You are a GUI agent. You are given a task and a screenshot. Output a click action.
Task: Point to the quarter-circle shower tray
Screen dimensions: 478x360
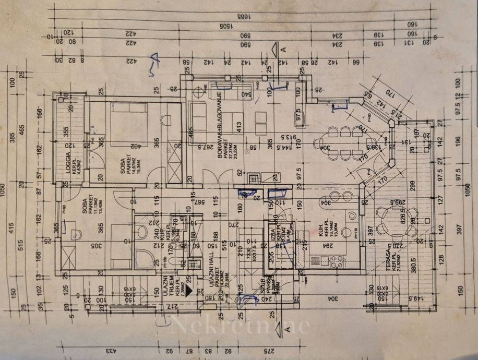pyautogui.click(x=141, y=257)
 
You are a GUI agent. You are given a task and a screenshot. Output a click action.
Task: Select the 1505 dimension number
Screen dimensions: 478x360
pyautogui.click(x=225, y=26)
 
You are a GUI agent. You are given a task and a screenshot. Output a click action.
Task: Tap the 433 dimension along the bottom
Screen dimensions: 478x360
pyautogui.click(x=111, y=352)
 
